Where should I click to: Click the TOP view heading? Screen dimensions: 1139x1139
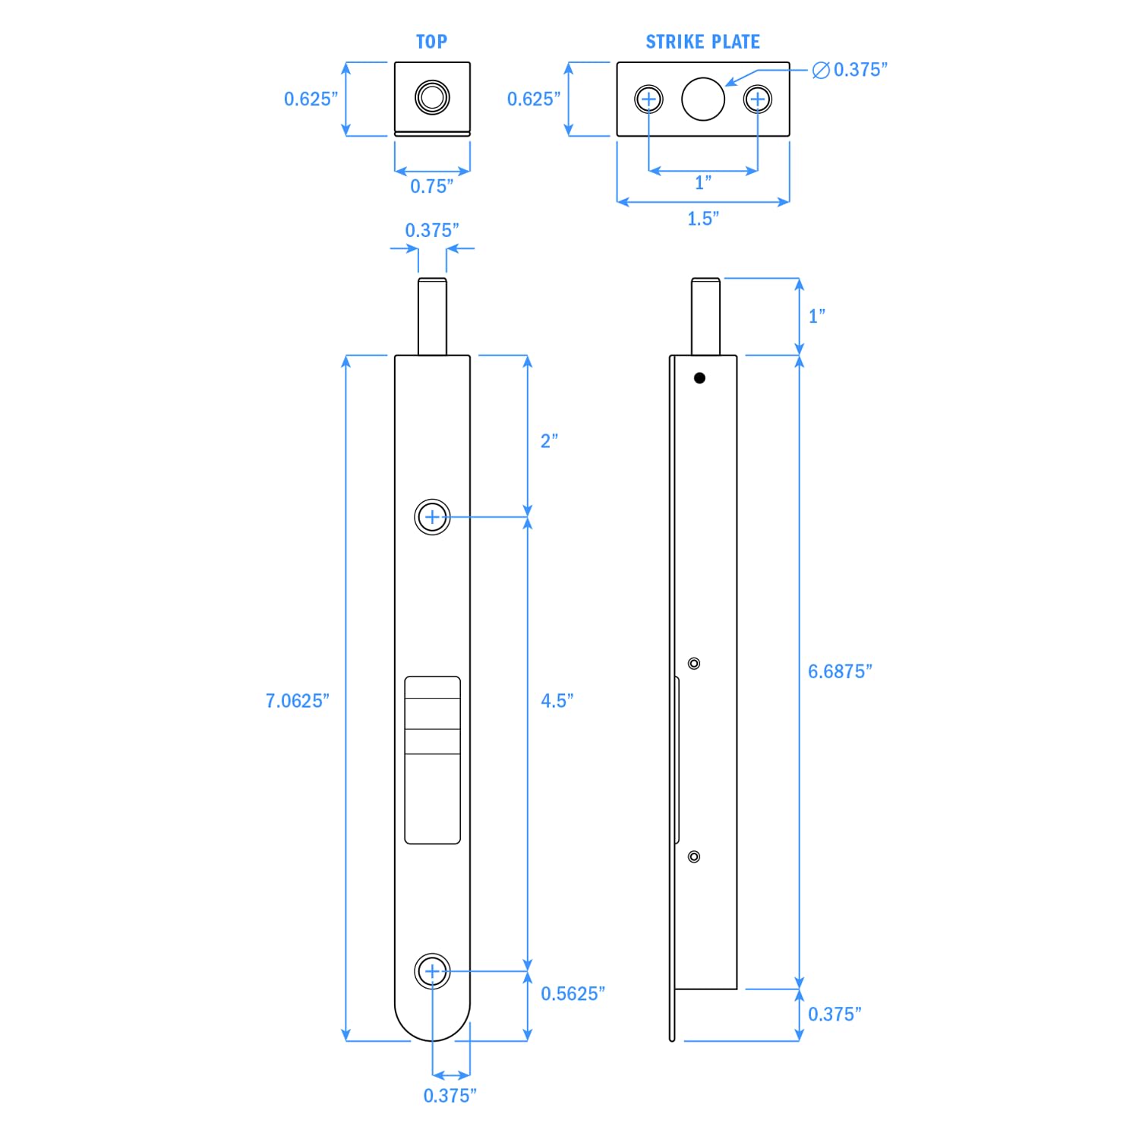pos(431,42)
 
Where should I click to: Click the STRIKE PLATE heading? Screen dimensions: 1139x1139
pos(703,42)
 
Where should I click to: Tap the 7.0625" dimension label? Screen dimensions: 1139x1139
pos(298,701)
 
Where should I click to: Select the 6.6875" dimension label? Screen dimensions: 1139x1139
pos(840,671)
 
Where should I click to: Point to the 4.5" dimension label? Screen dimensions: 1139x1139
pos(557,701)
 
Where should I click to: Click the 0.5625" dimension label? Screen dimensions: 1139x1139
pos(573,994)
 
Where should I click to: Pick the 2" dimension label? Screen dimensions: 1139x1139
pos(549,441)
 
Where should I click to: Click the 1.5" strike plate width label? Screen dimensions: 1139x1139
pos(703,219)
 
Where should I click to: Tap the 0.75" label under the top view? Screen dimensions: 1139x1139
pos(432,186)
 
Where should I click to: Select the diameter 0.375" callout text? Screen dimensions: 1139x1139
pos(850,70)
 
